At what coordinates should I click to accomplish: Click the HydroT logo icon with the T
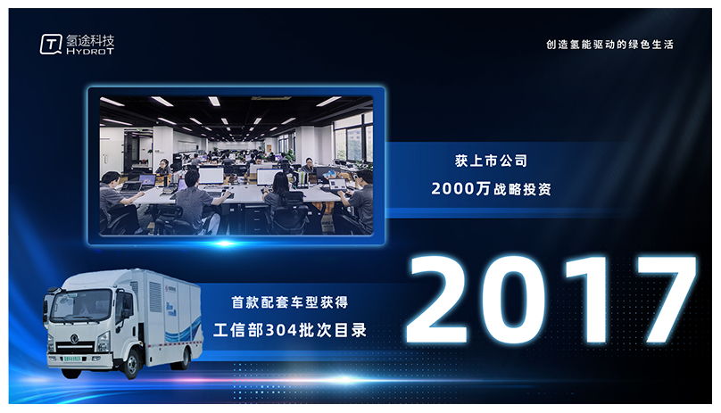point(51,44)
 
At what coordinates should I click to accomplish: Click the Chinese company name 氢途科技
point(90,40)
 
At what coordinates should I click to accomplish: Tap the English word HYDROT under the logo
point(90,52)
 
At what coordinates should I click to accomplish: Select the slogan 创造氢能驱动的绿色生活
point(609,45)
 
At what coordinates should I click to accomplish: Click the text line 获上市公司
point(491,161)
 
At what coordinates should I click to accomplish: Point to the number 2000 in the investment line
point(452,188)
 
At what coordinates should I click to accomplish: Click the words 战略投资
point(522,189)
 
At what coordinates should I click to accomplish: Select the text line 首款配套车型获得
point(290,302)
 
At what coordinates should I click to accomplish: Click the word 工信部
point(239,330)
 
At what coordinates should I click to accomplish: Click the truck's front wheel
point(131,363)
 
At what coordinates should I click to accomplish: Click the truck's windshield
point(81,305)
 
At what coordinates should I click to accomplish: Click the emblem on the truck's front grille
point(74,340)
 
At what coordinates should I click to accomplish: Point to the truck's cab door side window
point(123,304)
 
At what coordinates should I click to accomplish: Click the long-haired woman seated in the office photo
point(278,202)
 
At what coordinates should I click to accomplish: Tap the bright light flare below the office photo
point(225,244)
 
